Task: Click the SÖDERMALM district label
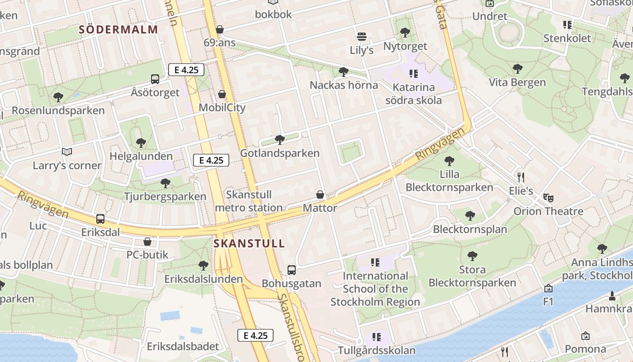(118, 30)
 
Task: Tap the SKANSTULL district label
(249, 243)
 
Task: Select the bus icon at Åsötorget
(155, 79)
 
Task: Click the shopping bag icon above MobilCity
(222, 94)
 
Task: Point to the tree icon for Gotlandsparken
(280, 139)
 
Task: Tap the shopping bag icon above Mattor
(320, 195)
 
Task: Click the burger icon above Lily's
(361, 36)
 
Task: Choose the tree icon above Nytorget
(405, 33)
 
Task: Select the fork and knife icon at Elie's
(521, 177)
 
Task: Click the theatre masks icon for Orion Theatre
(548, 197)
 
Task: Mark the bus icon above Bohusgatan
(292, 270)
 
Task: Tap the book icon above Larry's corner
(67, 152)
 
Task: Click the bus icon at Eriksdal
(100, 219)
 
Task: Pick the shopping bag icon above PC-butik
(147, 242)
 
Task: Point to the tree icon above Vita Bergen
(518, 69)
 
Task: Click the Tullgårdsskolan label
(377, 351)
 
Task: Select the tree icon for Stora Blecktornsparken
(472, 256)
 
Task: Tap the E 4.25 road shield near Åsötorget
(186, 70)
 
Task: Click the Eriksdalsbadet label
(183, 347)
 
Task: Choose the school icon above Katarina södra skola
(413, 73)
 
